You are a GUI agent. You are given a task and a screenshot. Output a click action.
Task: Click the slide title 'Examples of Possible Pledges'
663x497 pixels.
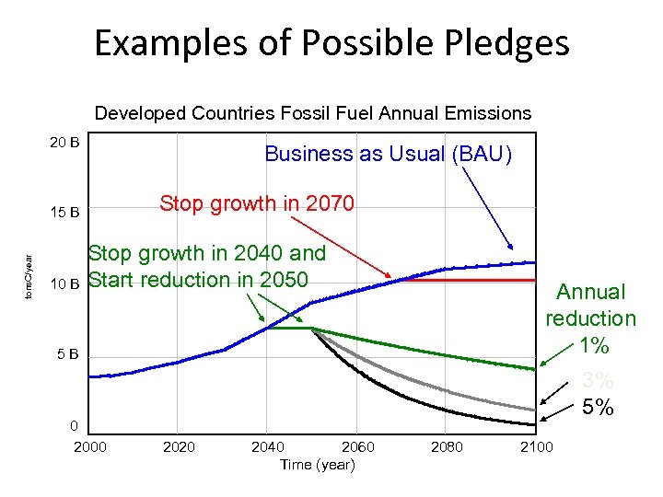(x=331, y=43)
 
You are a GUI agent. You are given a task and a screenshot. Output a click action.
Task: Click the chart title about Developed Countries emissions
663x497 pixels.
(x=313, y=113)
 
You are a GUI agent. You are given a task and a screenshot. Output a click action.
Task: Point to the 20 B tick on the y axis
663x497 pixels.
(x=64, y=143)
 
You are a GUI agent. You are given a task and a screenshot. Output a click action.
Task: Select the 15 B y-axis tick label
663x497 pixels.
(x=64, y=214)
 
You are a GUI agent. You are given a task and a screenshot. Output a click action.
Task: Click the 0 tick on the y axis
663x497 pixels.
(x=74, y=425)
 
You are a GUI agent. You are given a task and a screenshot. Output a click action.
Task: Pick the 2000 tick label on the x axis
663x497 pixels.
(x=89, y=447)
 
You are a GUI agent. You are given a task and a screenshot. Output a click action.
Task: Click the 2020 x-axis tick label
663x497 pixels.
(x=179, y=447)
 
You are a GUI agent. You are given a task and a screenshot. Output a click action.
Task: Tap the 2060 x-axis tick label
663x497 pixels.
(x=358, y=447)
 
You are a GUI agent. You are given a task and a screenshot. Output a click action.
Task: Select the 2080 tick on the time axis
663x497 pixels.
(x=448, y=447)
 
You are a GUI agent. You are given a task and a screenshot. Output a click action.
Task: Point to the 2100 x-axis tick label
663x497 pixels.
(x=536, y=447)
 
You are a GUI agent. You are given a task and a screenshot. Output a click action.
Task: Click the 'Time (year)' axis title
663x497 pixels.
(x=317, y=465)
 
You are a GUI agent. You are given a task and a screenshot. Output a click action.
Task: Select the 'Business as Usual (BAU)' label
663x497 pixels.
(x=388, y=154)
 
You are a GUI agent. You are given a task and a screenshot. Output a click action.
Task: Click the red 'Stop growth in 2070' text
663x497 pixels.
(x=256, y=203)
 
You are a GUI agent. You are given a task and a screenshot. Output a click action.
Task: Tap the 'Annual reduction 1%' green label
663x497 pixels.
(x=591, y=318)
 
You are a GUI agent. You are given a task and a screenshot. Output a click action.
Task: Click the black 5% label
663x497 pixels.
(x=598, y=407)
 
